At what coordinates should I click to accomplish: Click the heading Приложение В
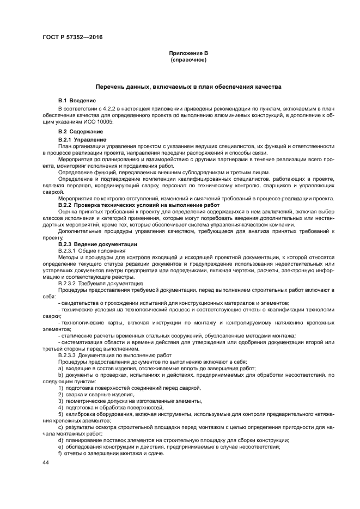pyautogui.click(x=188, y=53)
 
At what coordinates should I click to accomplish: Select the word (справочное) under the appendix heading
pyautogui.click(x=188, y=59)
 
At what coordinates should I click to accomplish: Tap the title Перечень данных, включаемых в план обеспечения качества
pyautogui.click(x=188, y=87)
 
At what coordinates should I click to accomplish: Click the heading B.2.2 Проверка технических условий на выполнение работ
pyautogui.click(x=131, y=205)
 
